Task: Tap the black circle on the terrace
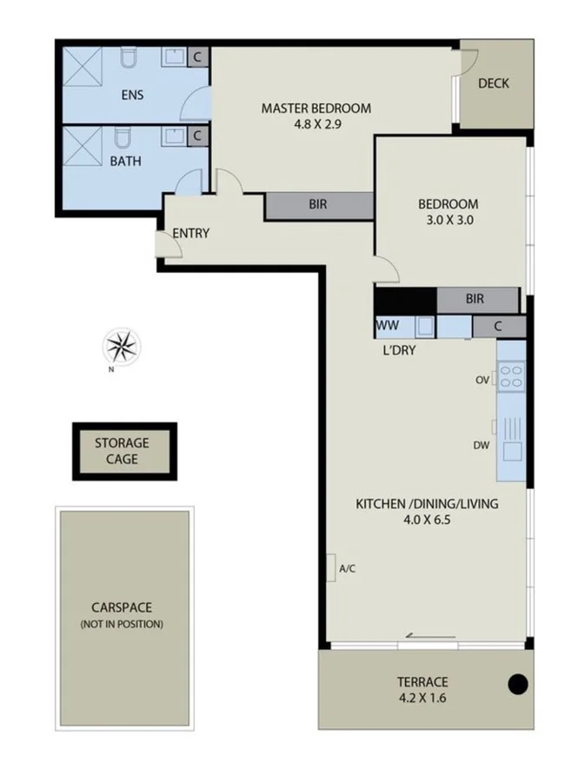click(x=518, y=684)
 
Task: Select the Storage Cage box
click(x=124, y=451)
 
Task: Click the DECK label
click(x=494, y=84)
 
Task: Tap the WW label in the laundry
click(x=387, y=326)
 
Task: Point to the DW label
click(x=482, y=445)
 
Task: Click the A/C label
click(x=347, y=569)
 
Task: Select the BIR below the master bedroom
click(x=318, y=206)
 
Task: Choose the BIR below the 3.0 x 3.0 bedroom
click(x=475, y=299)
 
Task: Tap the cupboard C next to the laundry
click(x=499, y=327)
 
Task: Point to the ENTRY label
click(x=190, y=233)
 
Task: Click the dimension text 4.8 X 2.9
click(x=316, y=124)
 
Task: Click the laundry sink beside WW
click(x=425, y=327)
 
